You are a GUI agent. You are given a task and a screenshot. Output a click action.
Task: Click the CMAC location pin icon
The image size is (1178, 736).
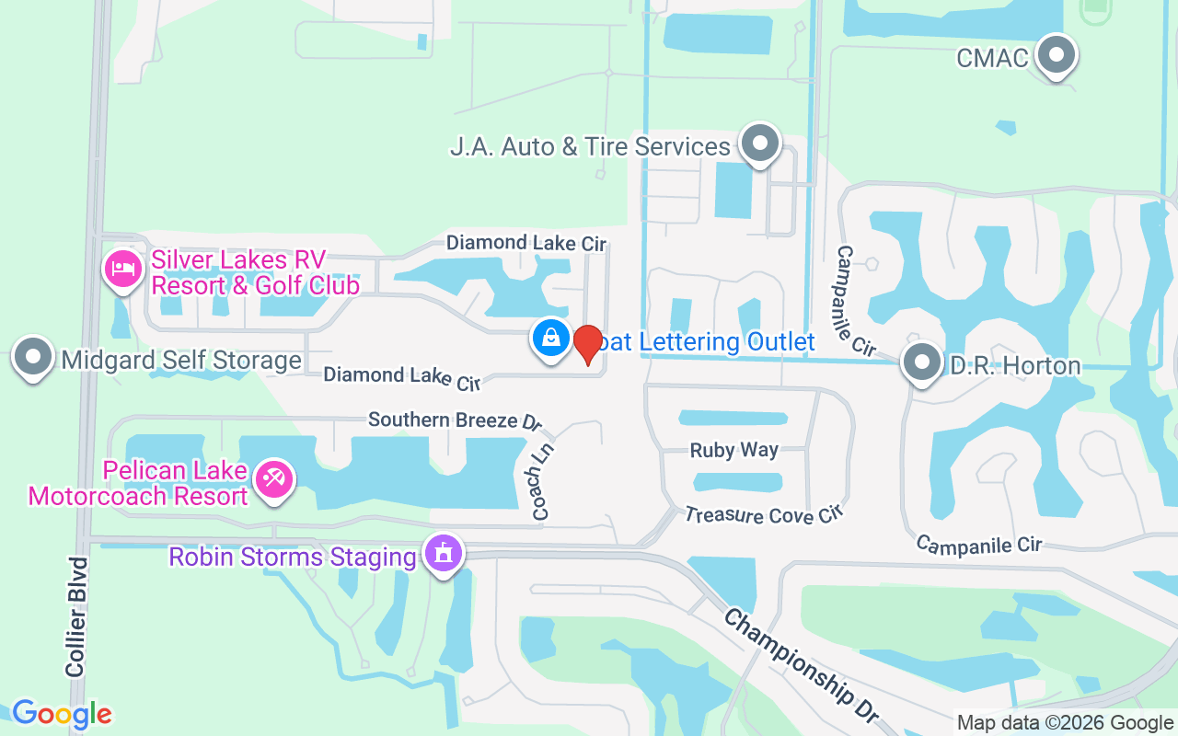tap(1057, 56)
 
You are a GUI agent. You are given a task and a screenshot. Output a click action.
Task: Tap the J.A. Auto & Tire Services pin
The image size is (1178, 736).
tap(759, 144)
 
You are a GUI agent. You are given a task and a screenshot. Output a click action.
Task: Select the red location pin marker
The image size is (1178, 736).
tap(587, 343)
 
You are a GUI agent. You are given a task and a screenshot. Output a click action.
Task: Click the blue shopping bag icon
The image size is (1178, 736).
tap(550, 338)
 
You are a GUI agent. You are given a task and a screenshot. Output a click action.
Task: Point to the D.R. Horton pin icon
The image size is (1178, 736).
tap(921, 362)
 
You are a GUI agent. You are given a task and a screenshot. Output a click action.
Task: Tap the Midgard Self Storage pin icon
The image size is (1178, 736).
tap(33, 357)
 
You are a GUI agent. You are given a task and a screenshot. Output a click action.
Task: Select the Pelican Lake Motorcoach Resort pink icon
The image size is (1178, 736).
tap(274, 479)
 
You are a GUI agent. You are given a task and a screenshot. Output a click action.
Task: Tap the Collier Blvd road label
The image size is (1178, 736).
tap(76, 616)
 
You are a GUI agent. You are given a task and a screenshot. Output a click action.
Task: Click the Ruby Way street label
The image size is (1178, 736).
tap(734, 451)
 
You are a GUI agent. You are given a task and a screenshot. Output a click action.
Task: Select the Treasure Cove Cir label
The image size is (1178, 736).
tap(763, 515)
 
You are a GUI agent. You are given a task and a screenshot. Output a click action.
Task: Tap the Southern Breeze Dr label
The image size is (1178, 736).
tap(455, 420)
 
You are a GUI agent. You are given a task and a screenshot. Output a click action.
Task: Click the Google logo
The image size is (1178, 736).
tap(62, 713)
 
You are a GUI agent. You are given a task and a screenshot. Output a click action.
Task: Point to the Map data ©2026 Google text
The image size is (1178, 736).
tap(1065, 723)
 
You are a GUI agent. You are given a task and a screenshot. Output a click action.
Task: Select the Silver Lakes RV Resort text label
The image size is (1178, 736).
tap(255, 272)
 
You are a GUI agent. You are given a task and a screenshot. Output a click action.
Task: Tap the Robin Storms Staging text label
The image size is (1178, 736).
tap(293, 557)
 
